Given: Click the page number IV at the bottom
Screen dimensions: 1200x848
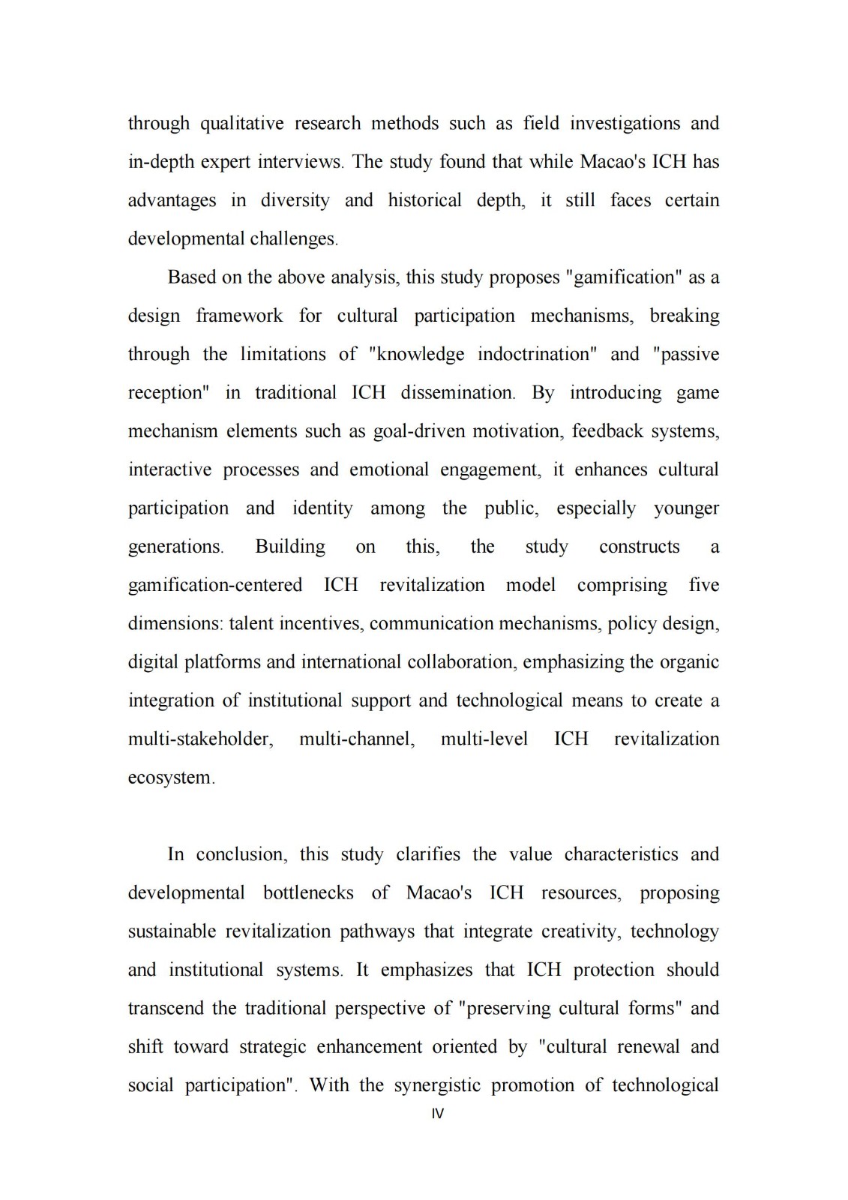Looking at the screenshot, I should (438, 1114).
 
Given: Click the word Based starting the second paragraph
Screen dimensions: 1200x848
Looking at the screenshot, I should (191, 277).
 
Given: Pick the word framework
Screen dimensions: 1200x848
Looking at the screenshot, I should (239, 316).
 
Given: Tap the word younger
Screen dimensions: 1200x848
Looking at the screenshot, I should (685, 508).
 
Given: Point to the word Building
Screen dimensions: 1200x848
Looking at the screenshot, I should (290, 547).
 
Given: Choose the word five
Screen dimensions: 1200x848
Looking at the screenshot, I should (703, 585).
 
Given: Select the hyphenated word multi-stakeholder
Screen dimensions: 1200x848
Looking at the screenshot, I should (200, 739).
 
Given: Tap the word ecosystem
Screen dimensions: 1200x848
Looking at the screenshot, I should (170, 778).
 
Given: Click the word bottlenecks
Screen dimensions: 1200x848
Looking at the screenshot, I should (308, 893).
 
